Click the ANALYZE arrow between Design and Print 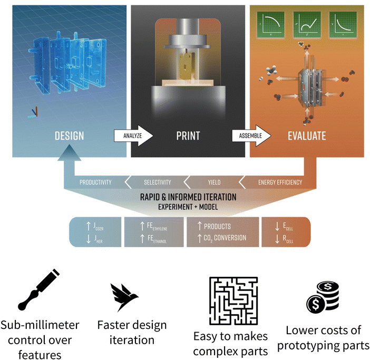point(133,135)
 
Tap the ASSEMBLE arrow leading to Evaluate point(251,135)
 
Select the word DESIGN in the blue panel point(69,136)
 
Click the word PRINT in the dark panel point(188,136)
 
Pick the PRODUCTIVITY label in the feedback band point(95,182)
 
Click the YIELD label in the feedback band point(214,182)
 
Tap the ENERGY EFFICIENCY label point(280,182)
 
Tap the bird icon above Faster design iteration point(125,297)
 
